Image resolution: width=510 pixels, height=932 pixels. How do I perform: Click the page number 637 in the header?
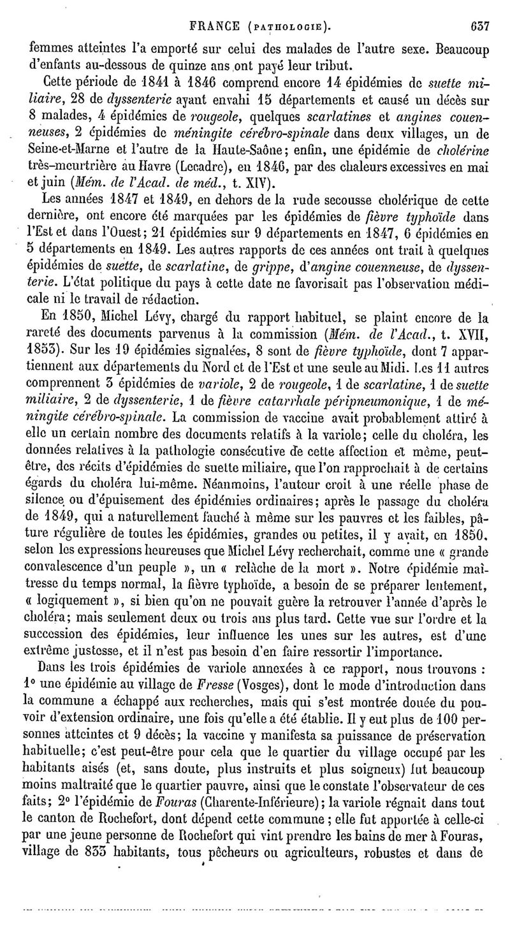477,10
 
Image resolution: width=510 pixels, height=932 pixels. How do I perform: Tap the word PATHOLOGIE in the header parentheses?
291,11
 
